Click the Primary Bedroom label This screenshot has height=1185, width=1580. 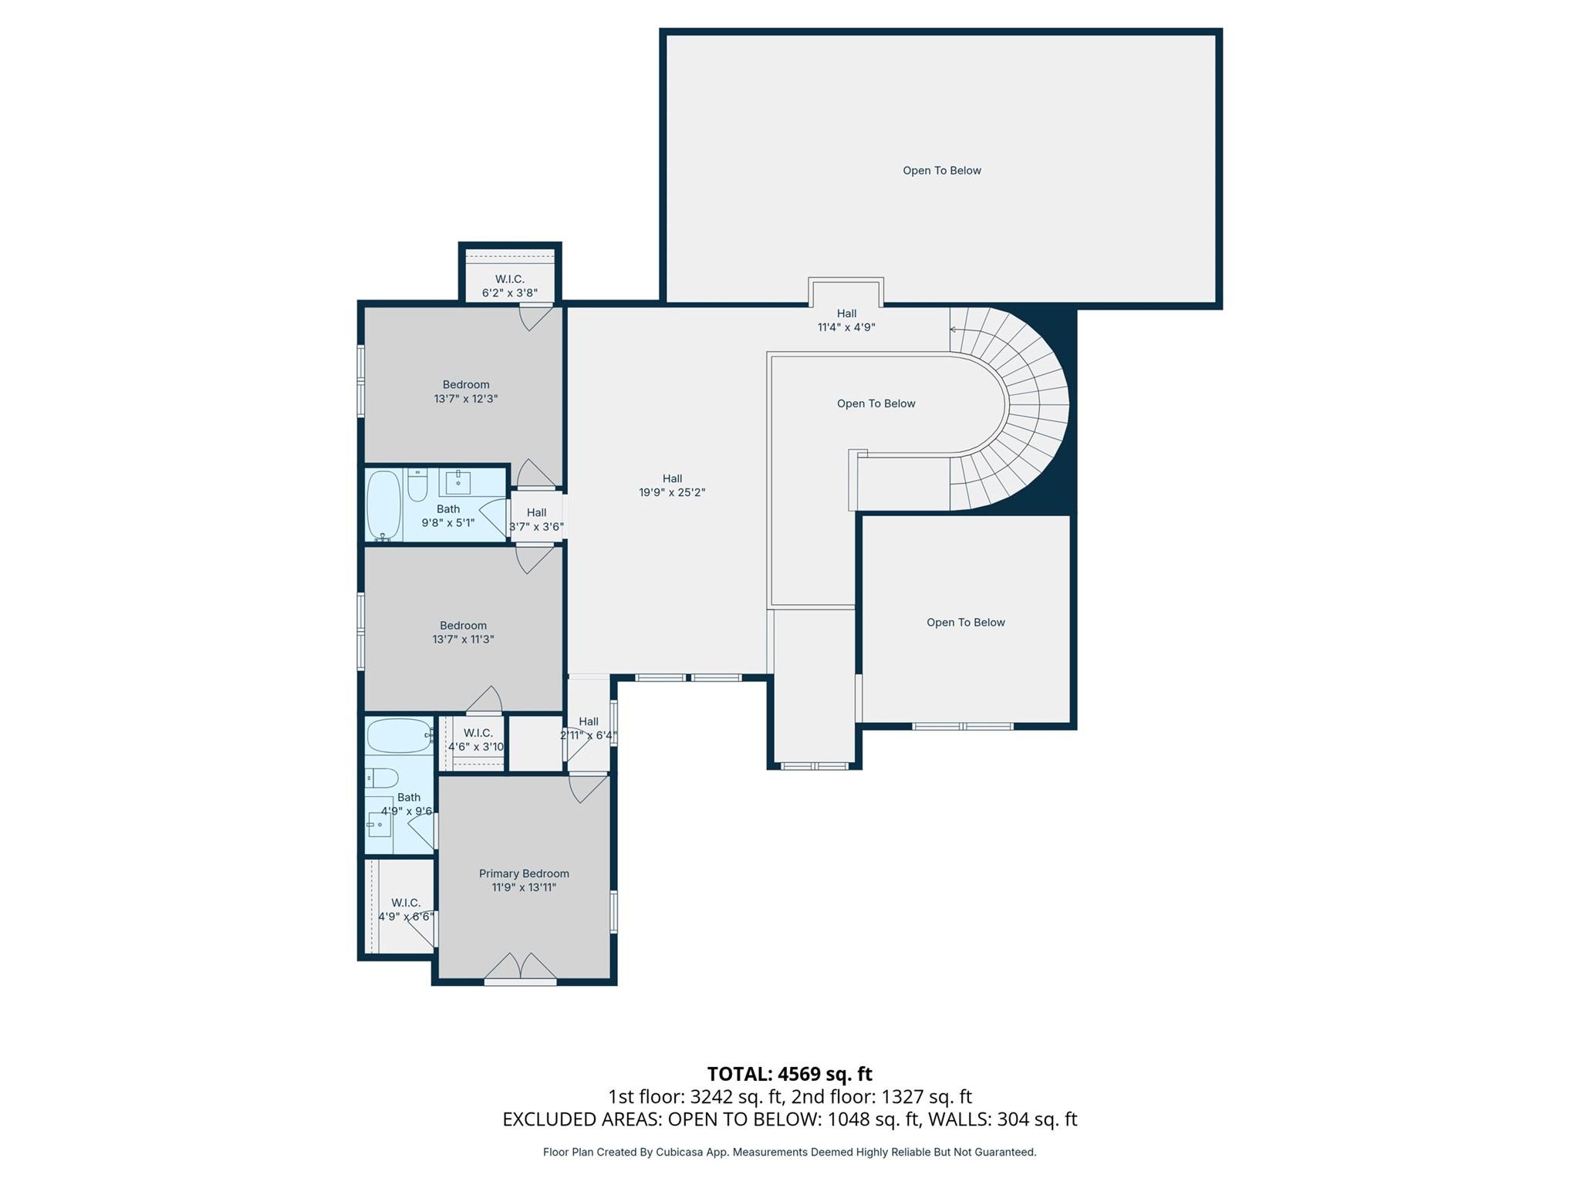pyautogui.click(x=524, y=873)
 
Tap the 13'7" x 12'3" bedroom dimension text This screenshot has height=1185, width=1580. pyautogui.click(x=466, y=399)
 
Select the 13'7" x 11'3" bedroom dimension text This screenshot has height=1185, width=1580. pyautogui.click(x=463, y=640)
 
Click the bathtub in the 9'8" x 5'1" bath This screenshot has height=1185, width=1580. pyautogui.click(x=383, y=505)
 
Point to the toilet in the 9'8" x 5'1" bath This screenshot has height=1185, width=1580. pyautogui.click(x=417, y=486)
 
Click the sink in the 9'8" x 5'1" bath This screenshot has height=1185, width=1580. pyautogui.click(x=458, y=482)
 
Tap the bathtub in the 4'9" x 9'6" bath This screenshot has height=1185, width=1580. pyautogui.click(x=398, y=736)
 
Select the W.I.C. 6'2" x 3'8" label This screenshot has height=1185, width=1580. pyautogui.click(x=509, y=286)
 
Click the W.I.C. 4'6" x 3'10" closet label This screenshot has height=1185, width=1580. pyautogui.click(x=478, y=740)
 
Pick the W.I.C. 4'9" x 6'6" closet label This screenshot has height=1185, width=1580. pyautogui.click(x=406, y=910)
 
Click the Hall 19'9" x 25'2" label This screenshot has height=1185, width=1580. pyautogui.click(x=672, y=485)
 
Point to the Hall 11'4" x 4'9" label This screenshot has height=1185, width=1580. pyautogui.click(x=846, y=320)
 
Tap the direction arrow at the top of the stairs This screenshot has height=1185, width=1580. pyautogui.click(x=954, y=329)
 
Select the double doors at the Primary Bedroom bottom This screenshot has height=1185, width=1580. pyautogui.click(x=521, y=967)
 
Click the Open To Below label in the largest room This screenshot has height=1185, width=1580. pyautogui.click(x=942, y=170)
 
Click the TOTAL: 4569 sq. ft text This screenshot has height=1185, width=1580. pyautogui.click(x=789, y=1074)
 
